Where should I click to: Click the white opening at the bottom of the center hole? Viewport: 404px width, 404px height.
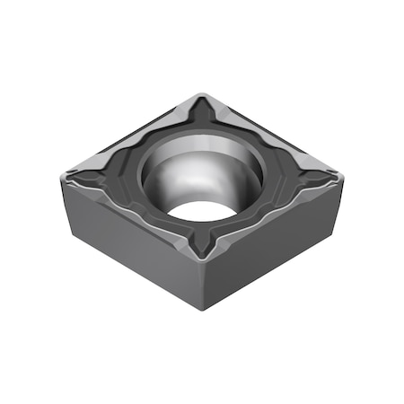click(x=199, y=212)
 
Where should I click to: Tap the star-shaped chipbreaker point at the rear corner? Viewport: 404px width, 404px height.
click(x=204, y=115)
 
